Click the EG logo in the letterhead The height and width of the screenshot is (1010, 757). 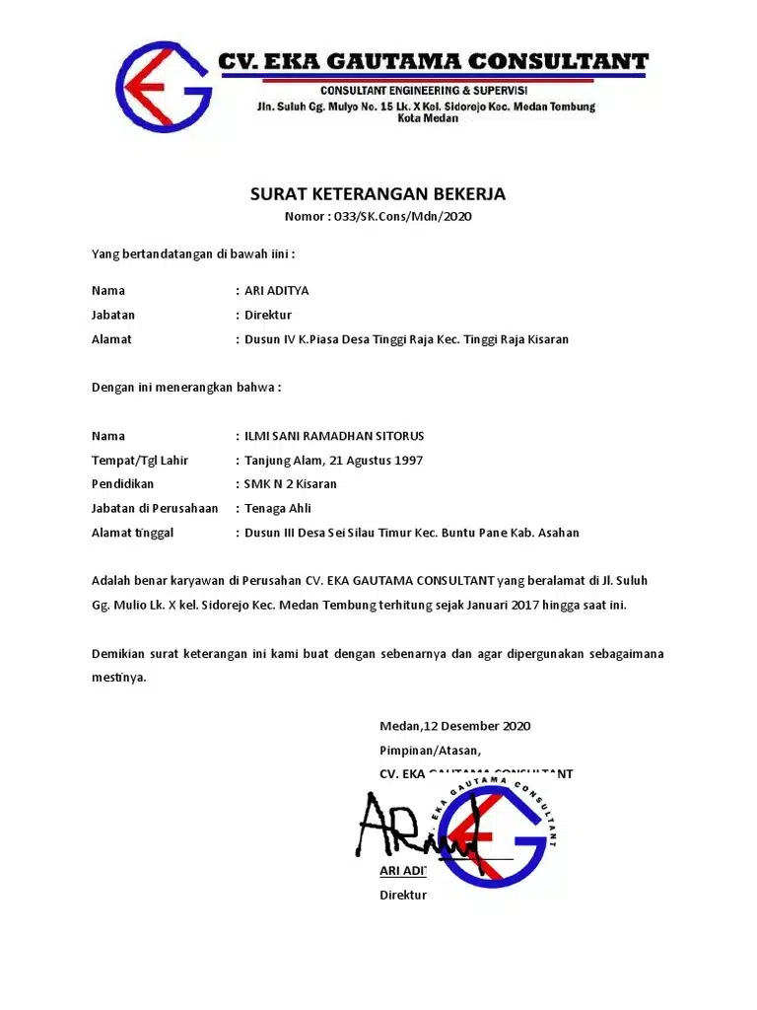click(164, 88)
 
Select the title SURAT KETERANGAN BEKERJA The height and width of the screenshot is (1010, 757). click(378, 194)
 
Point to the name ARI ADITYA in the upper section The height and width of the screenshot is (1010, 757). click(276, 291)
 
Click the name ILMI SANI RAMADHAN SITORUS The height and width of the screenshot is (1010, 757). click(334, 436)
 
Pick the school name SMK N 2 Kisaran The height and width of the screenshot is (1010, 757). click(291, 484)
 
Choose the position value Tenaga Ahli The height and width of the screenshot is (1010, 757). click(278, 509)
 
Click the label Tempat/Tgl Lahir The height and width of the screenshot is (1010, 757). click(140, 461)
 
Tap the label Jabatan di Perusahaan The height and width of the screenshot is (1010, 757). click(155, 509)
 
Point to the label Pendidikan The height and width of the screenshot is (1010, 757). click(122, 484)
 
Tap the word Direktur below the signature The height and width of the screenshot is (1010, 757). click(403, 896)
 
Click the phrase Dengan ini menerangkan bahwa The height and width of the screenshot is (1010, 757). click(186, 388)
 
